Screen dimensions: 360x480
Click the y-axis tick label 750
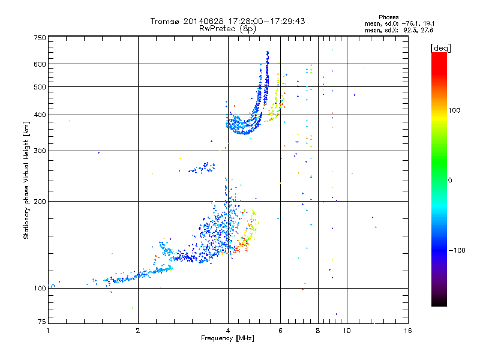pos(40,37)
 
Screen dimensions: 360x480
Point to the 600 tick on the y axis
pos(40,64)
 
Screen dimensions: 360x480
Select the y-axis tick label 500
pos(40,87)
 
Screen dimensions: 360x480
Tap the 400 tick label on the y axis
pos(40,115)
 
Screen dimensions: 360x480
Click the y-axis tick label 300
pos(40,151)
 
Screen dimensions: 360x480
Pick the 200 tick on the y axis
pos(40,201)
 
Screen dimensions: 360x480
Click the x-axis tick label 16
pos(408,331)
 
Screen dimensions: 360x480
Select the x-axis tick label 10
pos(347,331)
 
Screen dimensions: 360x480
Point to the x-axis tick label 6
pos(280,331)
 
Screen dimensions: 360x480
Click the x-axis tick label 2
pos(138,331)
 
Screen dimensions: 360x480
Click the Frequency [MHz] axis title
pos(227,338)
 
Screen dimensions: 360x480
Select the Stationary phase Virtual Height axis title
pos(26,180)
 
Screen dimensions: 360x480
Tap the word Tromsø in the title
pos(164,21)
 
